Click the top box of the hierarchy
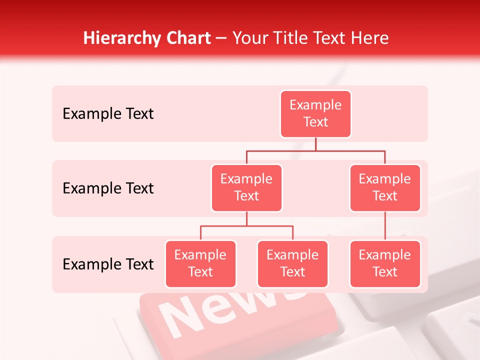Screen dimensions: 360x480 pyautogui.click(x=315, y=113)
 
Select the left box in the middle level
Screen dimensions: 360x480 pyautogui.click(x=246, y=187)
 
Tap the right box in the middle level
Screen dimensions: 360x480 pyautogui.click(x=385, y=187)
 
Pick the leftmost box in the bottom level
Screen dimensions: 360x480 pyautogui.click(x=200, y=263)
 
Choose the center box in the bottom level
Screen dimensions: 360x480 pyautogui.click(x=292, y=263)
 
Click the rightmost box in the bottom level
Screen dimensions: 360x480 pyautogui.click(x=385, y=263)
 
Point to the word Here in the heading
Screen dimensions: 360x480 pyautogui.click(x=370, y=38)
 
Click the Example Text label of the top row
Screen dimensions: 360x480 pyautogui.click(x=108, y=114)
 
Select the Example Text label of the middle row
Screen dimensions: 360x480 pyautogui.click(x=108, y=188)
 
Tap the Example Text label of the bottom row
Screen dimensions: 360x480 pyautogui.click(x=108, y=264)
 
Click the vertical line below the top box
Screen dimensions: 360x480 pyautogui.click(x=315, y=144)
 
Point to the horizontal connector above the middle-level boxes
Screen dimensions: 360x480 pyautogui.click(x=315, y=150)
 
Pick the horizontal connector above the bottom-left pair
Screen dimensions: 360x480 pyautogui.click(x=246, y=226)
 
